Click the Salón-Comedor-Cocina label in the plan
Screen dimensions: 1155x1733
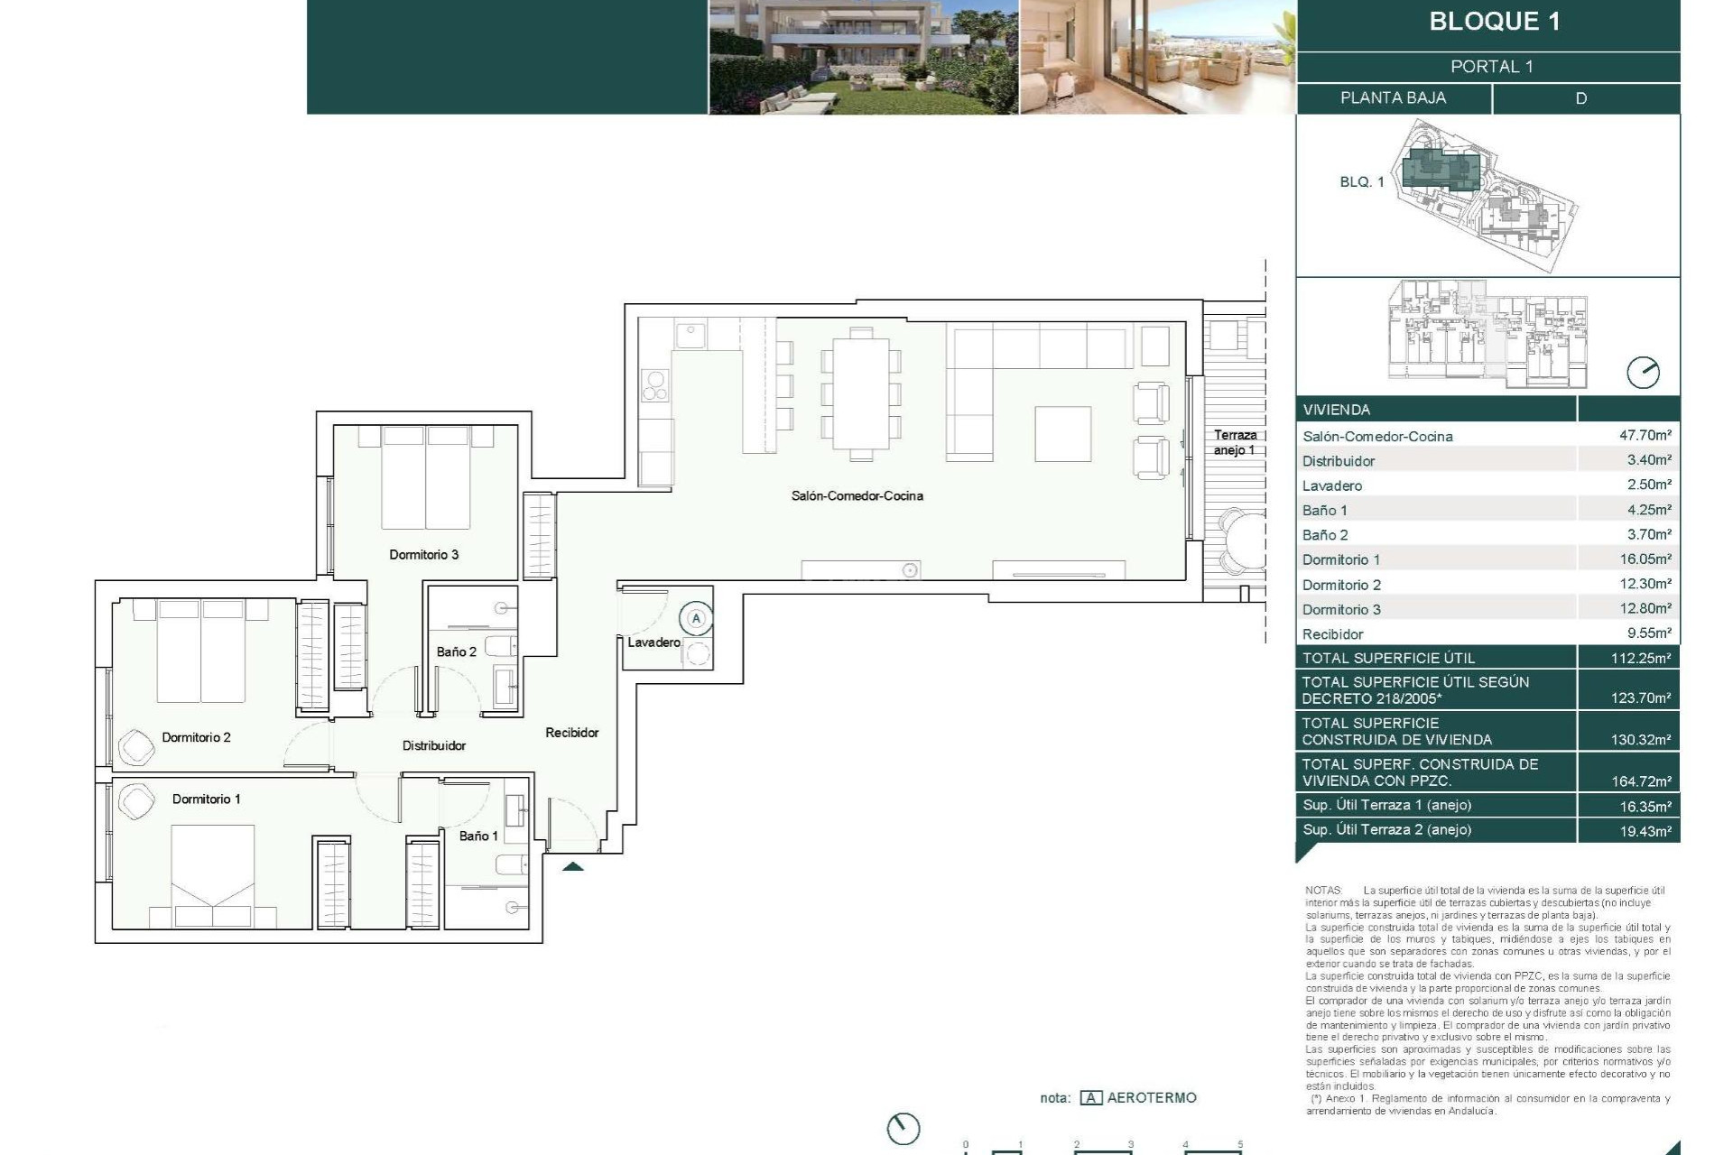[857, 495]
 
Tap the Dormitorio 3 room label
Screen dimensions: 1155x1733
[423, 554]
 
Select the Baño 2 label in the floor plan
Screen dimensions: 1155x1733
[456, 651]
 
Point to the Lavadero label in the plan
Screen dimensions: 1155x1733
[653, 642]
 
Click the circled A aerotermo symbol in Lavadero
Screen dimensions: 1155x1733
[696, 619]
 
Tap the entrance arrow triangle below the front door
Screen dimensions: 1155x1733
[573, 867]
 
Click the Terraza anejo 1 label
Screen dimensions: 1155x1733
[1234, 442]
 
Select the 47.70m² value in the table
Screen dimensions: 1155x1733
[1645, 435]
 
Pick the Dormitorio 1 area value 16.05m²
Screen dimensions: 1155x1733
[1645, 559]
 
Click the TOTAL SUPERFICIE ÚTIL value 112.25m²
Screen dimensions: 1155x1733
[1640, 658]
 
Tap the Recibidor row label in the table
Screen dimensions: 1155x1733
[1332, 634]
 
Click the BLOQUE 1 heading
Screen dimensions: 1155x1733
[1494, 22]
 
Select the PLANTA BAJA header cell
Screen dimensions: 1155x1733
[1393, 97]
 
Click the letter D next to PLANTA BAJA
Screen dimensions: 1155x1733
[1580, 98]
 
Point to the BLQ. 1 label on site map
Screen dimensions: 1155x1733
[1361, 182]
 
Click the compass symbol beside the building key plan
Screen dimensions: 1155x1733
[1643, 373]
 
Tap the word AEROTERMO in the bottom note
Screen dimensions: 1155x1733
[1151, 1098]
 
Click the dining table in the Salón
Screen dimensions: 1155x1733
[860, 394]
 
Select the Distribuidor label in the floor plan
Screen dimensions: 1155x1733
[434, 745]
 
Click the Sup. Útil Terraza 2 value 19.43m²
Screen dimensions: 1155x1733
[1645, 831]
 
